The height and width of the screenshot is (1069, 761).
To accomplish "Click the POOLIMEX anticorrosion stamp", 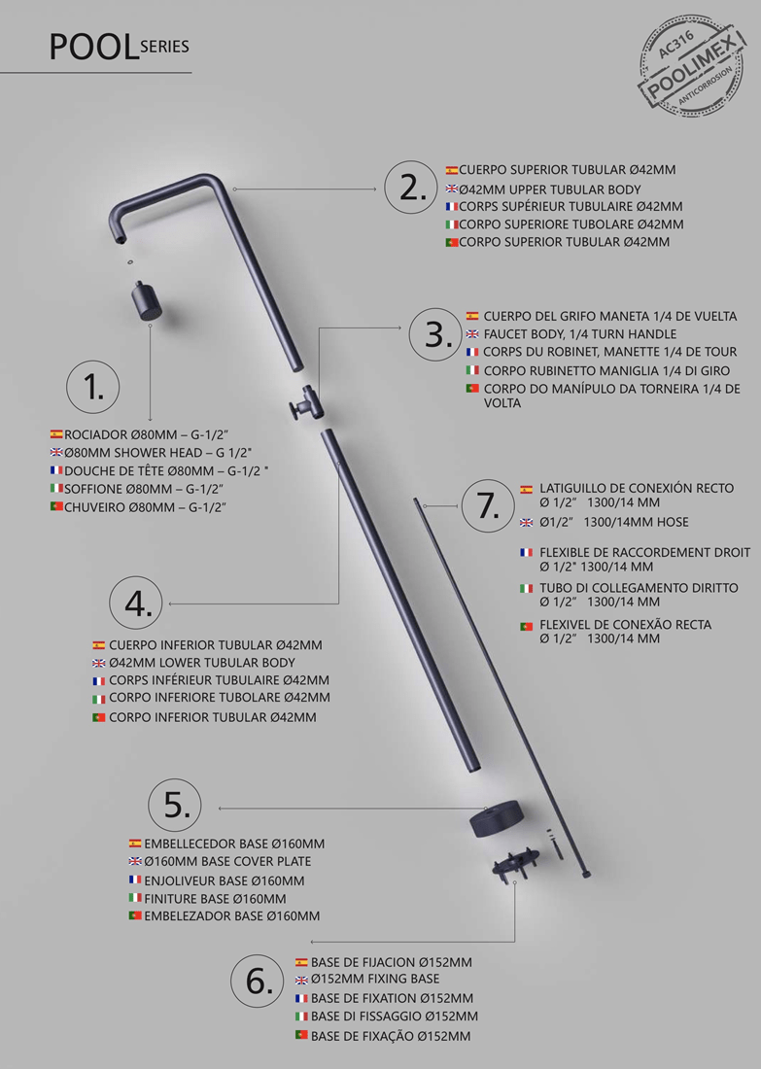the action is click(691, 67).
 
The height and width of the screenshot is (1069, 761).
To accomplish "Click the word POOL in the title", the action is click(93, 48).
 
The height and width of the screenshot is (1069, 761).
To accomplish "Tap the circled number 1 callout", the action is click(92, 387).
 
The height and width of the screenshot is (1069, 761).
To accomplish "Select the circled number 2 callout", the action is click(411, 189).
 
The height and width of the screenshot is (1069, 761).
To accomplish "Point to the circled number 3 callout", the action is click(435, 334).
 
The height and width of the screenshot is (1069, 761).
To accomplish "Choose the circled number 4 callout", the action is click(136, 603).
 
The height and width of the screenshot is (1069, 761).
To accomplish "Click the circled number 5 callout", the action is click(175, 807).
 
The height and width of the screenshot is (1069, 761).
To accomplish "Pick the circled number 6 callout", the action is click(258, 982).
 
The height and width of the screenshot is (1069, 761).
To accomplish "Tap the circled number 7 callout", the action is click(488, 506).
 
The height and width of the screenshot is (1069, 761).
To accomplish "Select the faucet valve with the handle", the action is click(305, 404).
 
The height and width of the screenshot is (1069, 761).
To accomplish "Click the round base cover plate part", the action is click(496, 819).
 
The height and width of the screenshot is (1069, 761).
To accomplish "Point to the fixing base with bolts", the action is click(515, 861).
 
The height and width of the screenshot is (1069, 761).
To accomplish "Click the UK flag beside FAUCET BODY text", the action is click(472, 334).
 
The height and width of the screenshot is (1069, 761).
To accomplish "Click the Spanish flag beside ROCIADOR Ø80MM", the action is click(56, 433).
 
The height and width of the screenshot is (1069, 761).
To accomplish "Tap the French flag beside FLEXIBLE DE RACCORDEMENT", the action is click(526, 552).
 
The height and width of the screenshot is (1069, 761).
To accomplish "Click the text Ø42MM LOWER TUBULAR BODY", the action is click(202, 662).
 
